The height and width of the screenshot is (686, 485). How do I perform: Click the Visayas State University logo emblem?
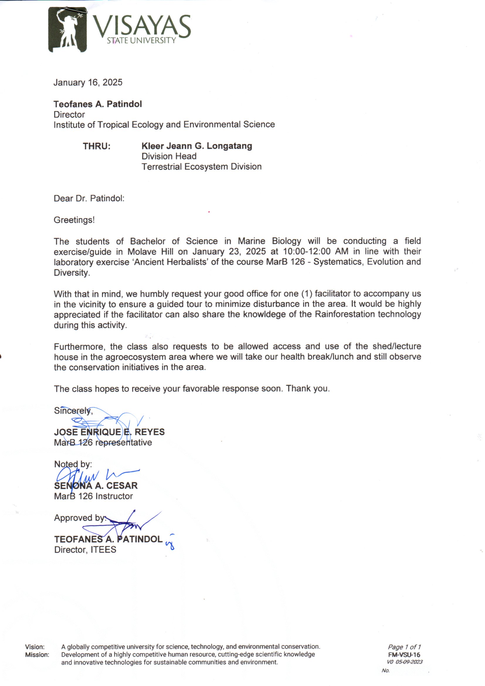[67, 30]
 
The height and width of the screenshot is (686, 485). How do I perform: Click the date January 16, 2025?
[88, 82]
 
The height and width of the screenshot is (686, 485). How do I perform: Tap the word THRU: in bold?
[96, 146]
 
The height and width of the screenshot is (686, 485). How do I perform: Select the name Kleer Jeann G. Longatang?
[196, 146]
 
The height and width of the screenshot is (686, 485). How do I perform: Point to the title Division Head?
[169, 156]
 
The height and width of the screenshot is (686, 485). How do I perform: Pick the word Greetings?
[74, 220]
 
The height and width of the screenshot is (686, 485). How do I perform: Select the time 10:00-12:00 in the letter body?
[306, 251]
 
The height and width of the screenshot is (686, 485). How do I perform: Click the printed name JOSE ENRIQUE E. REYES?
[109, 432]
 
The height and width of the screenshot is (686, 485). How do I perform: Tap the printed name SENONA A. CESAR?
[96, 486]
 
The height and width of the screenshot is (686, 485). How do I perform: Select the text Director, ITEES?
[85, 550]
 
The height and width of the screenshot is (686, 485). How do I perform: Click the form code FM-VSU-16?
[404, 655]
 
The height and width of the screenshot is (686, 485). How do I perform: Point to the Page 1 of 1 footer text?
[404, 647]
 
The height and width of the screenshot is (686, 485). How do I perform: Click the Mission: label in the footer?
[37, 655]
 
